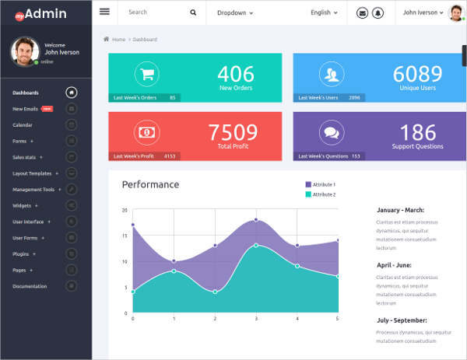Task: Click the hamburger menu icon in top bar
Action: [104, 12]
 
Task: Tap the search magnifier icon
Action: [193, 12]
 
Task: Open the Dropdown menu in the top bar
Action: [234, 12]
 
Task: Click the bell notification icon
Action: [377, 12]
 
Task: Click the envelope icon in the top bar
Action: [362, 12]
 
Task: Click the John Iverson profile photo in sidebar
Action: [25, 51]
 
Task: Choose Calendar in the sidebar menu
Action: [23, 125]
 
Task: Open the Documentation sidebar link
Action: [30, 286]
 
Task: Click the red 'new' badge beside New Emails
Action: [47, 109]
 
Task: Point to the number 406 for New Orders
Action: [235, 74]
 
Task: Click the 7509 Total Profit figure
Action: [233, 131]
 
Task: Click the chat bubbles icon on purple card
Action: [332, 132]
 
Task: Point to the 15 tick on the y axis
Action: [125, 236]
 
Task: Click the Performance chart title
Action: [150, 184]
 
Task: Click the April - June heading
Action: [399, 264]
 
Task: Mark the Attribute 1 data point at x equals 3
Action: [256, 219]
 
